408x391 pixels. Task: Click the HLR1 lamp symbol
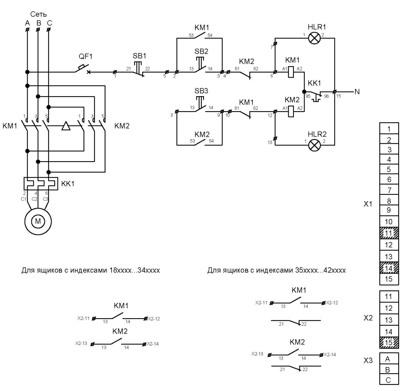tap(314, 38)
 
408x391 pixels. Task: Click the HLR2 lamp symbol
tap(315, 145)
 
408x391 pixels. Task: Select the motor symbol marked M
tap(38, 221)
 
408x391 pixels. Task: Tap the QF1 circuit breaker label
tap(85, 56)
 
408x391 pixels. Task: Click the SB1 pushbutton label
tap(139, 56)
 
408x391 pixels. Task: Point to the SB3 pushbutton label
tap(201, 91)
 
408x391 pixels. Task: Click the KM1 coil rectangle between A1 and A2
tap(291, 72)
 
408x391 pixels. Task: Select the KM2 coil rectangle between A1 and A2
tap(291, 111)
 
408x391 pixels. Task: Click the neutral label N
tap(357, 92)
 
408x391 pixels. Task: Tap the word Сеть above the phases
tap(38, 14)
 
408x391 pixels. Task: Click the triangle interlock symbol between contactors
tap(66, 126)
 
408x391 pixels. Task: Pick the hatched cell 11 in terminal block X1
tap(389, 233)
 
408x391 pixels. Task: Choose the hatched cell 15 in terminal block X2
tap(389, 343)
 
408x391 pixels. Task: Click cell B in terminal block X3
tap(389, 370)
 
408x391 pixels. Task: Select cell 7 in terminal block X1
tap(389, 190)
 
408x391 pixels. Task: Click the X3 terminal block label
tap(368, 360)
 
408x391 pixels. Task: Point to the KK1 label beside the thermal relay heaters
tap(68, 184)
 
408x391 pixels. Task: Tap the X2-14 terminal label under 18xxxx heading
tap(153, 344)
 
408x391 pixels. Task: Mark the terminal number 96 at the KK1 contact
tap(326, 96)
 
